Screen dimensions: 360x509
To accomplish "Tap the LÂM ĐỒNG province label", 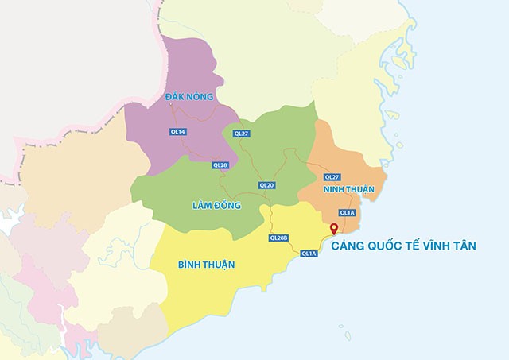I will (x=216, y=206).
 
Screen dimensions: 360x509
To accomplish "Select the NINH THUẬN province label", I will (x=348, y=191).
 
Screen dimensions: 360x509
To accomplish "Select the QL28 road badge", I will (x=220, y=165).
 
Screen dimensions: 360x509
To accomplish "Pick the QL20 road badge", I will (x=266, y=185).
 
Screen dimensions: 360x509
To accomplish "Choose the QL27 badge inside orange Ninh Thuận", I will (x=332, y=176).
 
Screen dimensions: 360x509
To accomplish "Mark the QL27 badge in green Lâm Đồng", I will (x=241, y=134).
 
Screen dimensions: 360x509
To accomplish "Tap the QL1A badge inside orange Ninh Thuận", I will (x=347, y=212).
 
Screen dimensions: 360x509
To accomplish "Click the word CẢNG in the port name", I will (x=350, y=247).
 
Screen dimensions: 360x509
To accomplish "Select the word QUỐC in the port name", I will (x=389, y=247).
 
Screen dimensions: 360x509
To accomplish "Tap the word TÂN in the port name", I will (x=465, y=247).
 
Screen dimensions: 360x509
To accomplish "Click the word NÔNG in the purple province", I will (x=200, y=97).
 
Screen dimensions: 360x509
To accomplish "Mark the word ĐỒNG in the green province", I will (x=227, y=206).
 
